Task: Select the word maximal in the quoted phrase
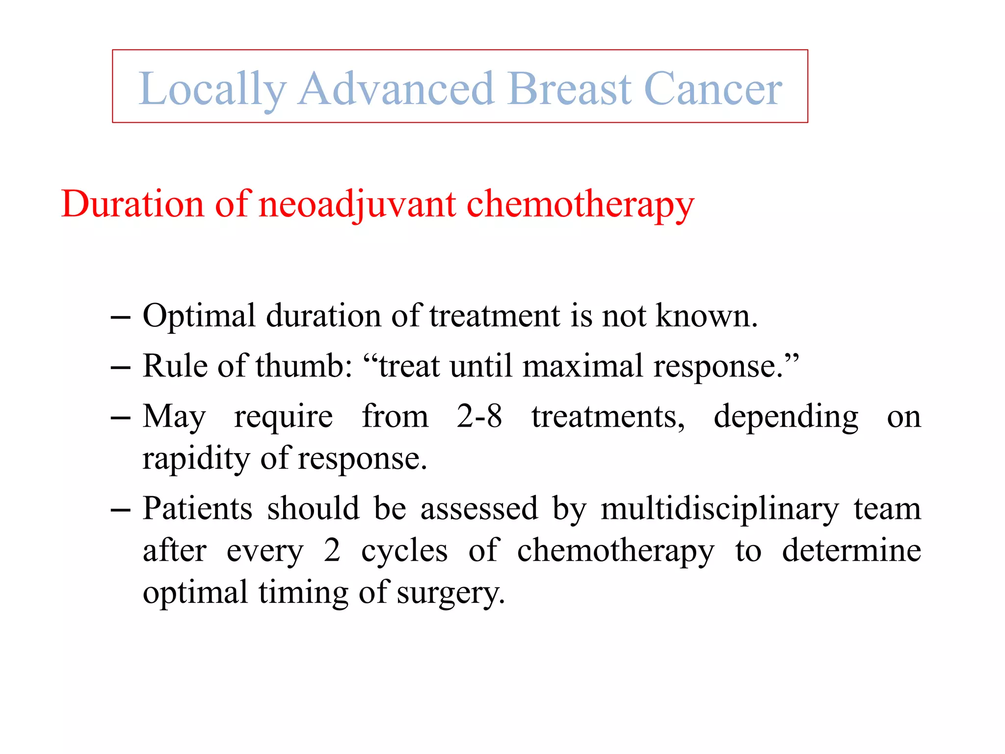pos(582,366)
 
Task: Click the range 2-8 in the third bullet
pos(479,416)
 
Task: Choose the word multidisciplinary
pos(719,509)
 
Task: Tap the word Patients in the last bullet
pos(197,509)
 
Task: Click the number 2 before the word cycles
pos(332,551)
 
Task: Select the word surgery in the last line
pos(450,593)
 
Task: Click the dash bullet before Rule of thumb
pos(121,367)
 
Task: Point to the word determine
pos(851,551)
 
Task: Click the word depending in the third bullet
pos(786,416)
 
